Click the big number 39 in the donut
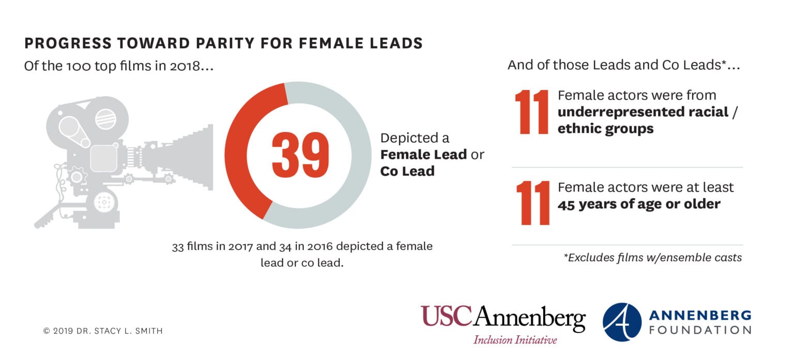[x=300, y=155]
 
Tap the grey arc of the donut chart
[x=357, y=155]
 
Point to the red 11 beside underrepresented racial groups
[x=532, y=112]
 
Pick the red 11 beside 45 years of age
[x=533, y=202]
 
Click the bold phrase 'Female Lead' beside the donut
[x=423, y=154]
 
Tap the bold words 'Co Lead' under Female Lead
[x=407, y=171]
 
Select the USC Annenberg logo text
[x=502, y=318]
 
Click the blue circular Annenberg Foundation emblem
[x=622, y=322]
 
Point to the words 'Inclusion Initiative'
[x=515, y=340]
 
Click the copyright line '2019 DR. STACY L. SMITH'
[x=103, y=331]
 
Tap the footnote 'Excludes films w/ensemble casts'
[x=652, y=257]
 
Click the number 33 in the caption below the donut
[x=178, y=246]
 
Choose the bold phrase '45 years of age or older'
[x=638, y=204]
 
